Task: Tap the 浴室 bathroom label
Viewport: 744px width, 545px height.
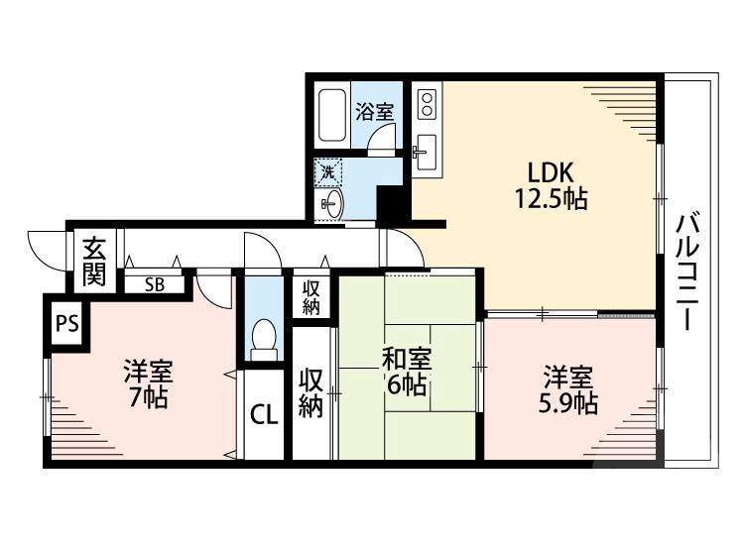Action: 376,111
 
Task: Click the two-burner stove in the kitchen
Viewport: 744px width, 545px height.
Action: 427,104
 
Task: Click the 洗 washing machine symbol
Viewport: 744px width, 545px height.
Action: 328,171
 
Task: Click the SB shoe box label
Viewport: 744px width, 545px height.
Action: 154,283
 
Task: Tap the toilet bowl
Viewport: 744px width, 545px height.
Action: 264,338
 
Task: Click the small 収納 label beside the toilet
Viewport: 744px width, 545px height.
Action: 311,296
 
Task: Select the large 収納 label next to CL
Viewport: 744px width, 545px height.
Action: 311,393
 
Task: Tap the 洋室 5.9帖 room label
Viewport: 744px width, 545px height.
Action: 568,390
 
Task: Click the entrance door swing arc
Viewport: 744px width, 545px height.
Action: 45,247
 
